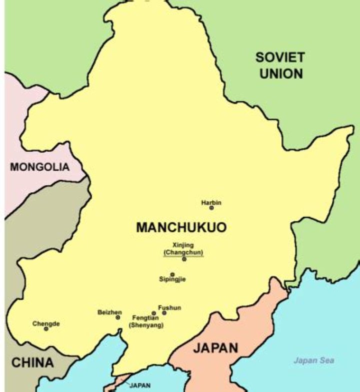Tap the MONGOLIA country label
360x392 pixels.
(39, 167)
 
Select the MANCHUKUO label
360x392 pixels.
(181, 227)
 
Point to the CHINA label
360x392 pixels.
(32, 362)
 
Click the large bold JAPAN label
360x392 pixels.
(215, 347)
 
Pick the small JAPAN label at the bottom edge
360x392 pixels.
(140, 385)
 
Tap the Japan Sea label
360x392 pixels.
(313, 360)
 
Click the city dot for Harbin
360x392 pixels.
(211, 208)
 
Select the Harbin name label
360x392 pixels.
(211, 202)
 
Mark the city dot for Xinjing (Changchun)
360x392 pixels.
(184, 259)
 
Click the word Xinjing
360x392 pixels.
(182, 245)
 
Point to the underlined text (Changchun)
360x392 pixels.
(183, 252)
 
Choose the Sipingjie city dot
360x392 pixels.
(172, 274)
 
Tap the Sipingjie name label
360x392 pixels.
(172, 279)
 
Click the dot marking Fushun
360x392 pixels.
(164, 313)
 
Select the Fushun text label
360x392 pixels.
(169, 307)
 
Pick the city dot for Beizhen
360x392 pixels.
(118, 317)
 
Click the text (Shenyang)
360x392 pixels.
(146, 325)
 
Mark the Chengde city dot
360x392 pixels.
(46, 329)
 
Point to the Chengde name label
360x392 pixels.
(46, 323)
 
